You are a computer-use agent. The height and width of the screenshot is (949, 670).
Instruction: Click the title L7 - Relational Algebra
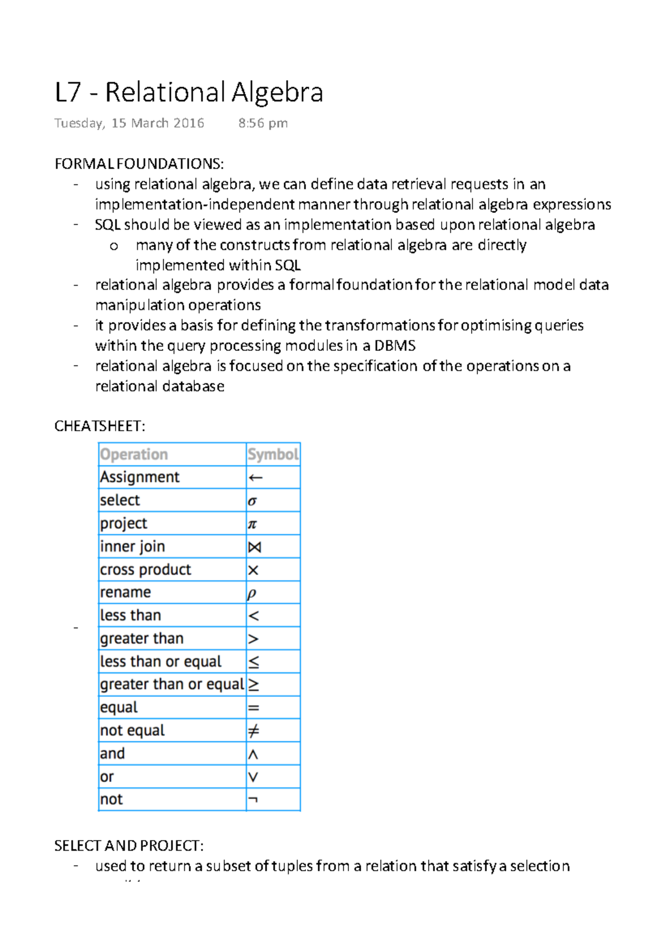pyautogui.click(x=189, y=93)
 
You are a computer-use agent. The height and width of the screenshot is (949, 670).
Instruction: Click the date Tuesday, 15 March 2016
pyautogui.click(x=129, y=123)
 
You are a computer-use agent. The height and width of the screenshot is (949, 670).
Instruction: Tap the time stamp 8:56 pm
pyautogui.click(x=263, y=123)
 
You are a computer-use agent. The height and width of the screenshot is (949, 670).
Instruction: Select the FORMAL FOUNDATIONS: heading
pyautogui.click(x=139, y=164)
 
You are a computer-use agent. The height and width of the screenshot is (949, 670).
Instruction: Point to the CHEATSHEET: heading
pyautogui.click(x=99, y=426)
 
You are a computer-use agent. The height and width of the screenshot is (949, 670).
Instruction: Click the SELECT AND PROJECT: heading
pyautogui.click(x=129, y=846)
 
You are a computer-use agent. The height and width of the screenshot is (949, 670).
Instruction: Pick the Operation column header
pyautogui.click(x=134, y=454)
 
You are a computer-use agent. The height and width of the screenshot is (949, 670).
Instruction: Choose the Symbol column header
pyautogui.click(x=273, y=454)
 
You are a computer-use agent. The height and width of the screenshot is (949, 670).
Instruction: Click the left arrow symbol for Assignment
pyautogui.click(x=255, y=478)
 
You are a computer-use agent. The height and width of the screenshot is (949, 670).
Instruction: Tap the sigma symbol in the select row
pyautogui.click(x=252, y=501)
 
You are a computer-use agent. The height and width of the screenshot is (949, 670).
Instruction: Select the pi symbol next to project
pyautogui.click(x=252, y=524)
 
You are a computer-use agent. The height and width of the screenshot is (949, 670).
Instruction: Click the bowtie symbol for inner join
pyautogui.click(x=255, y=547)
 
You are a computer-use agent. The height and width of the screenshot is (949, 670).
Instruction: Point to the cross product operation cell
pyautogui.click(x=146, y=570)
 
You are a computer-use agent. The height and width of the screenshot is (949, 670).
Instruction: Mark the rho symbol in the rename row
pyautogui.click(x=252, y=594)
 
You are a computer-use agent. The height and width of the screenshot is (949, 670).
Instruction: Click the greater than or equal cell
pyautogui.click(x=172, y=684)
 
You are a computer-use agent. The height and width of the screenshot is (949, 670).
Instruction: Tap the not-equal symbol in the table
pyautogui.click(x=253, y=730)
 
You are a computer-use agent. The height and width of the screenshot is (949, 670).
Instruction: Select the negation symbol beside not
pyautogui.click(x=252, y=800)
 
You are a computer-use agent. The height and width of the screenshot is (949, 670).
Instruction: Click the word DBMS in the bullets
pyautogui.click(x=395, y=346)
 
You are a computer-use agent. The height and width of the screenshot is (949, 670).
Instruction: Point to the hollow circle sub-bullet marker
pyautogui.click(x=114, y=246)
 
